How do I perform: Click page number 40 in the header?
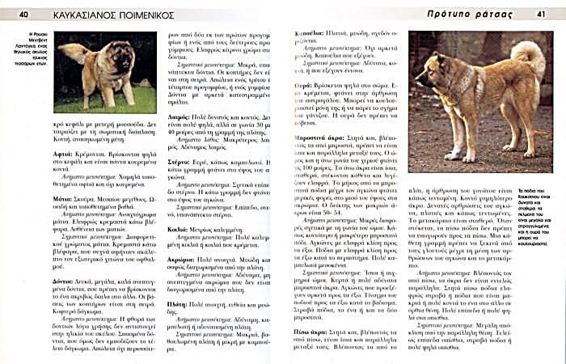tap(24, 14)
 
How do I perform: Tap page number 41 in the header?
tap(540, 14)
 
